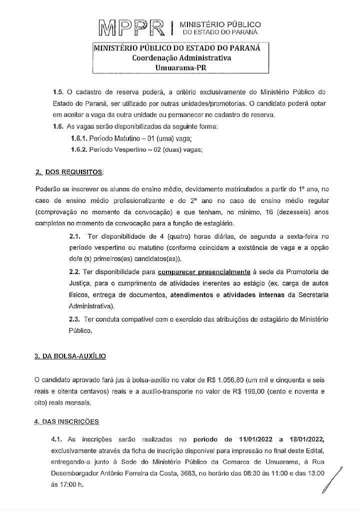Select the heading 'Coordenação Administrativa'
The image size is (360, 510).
click(x=181, y=58)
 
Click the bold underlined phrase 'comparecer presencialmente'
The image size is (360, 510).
click(x=203, y=272)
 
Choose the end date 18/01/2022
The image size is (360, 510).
click(x=304, y=439)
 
